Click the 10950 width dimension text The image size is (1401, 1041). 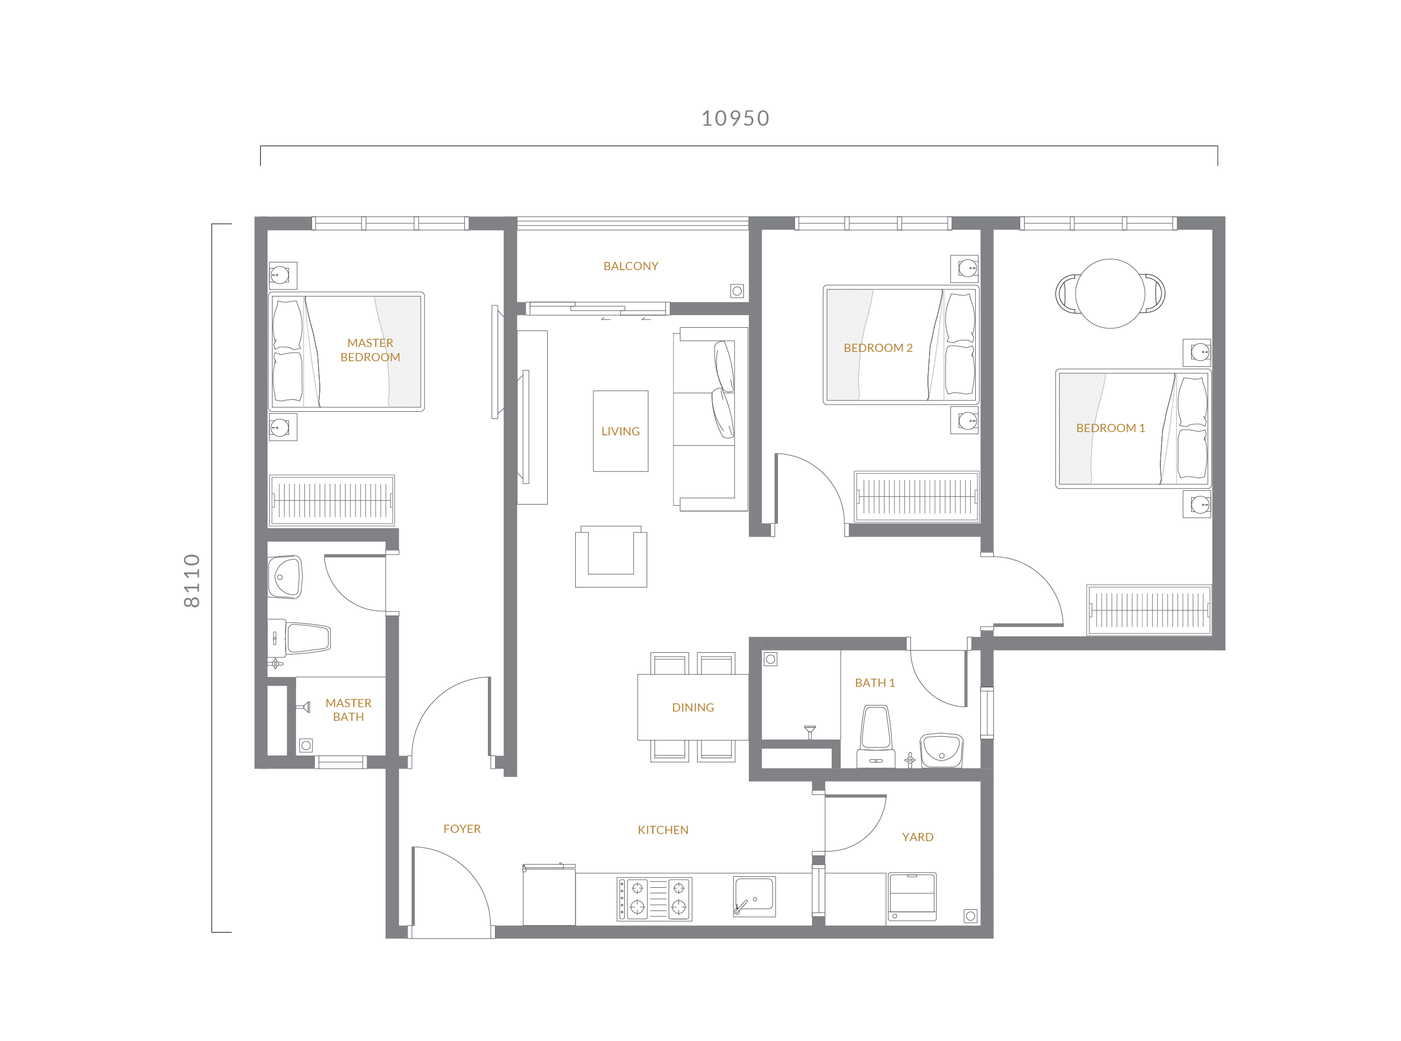point(735,119)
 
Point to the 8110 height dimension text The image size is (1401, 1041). point(192,580)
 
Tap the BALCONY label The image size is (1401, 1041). point(631,266)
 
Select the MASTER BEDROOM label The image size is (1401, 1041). point(370,350)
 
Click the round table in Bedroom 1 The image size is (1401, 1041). point(1110,294)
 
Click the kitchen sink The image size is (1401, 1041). point(754,896)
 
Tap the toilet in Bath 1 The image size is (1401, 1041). point(876,736)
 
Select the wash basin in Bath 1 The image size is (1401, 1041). point(941,750)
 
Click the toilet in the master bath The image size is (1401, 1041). point(299,637)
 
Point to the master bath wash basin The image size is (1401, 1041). point(285,577)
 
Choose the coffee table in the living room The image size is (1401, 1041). point(620,431)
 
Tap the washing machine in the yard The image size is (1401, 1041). point(911,897)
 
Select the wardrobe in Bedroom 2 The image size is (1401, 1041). point(917,496)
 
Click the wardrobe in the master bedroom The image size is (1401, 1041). point(332,500)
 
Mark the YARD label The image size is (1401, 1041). point(918,837)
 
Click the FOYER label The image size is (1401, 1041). point(462,829)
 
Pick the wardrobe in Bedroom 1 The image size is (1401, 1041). point(1149,610)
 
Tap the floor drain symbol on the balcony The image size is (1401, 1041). point(737,291)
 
